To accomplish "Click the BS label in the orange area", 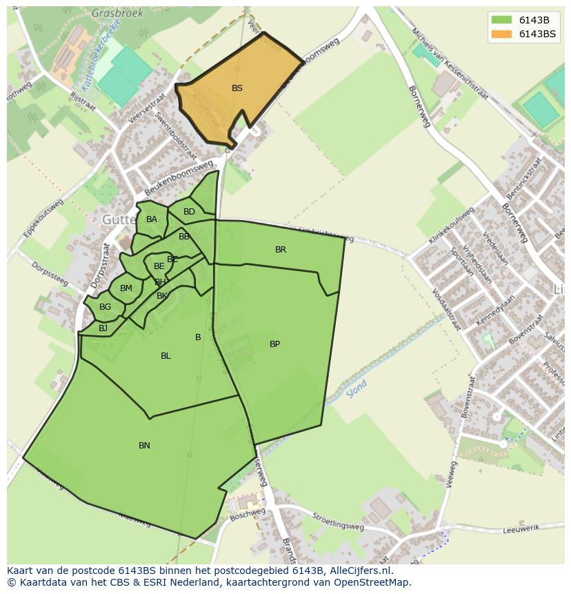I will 237,88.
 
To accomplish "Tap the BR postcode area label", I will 281,250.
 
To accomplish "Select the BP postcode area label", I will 274,344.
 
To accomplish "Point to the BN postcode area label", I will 144,446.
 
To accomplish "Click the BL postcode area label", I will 166,356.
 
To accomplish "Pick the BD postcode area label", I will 189,212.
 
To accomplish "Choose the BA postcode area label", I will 152,219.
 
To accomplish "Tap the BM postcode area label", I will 126,288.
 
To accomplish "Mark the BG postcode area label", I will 105,307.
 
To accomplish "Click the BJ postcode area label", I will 103,328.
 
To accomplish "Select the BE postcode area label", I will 159,266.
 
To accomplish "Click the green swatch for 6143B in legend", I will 502,19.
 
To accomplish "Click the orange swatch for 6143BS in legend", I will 502,34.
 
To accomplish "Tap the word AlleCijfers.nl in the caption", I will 359,571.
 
